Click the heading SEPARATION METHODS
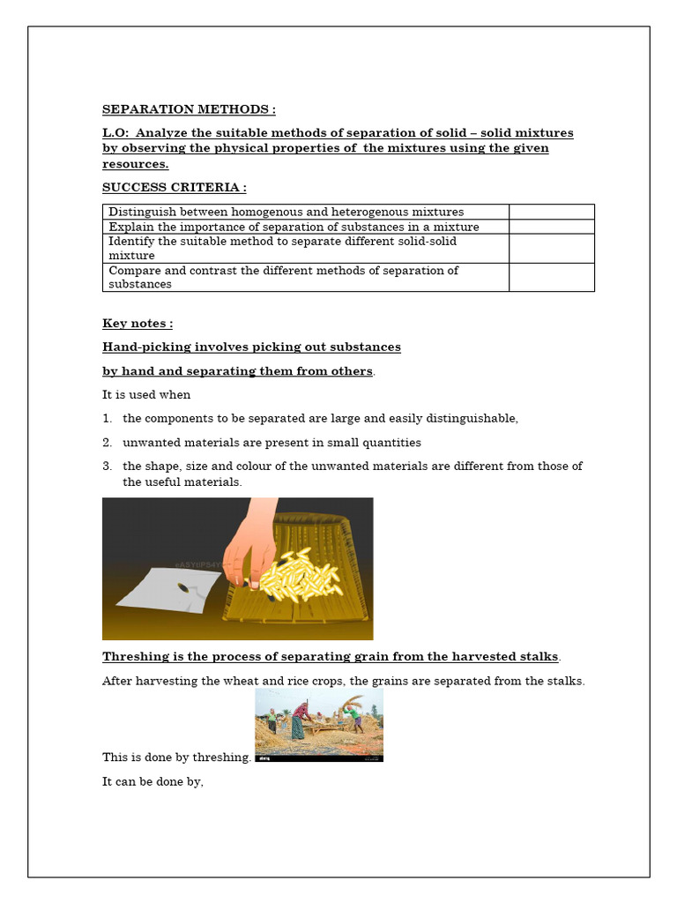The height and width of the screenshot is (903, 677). [x=189, y=109]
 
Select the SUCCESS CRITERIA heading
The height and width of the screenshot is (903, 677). [x=174, y=187]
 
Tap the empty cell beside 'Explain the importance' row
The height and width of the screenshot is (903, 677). [x=551, y=227]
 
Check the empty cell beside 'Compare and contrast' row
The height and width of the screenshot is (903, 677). [x=551, y=277]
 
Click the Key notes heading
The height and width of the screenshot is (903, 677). [x=138, y=324]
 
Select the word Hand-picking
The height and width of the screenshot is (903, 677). [x=144, y=347]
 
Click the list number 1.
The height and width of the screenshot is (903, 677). [x=107, y=419]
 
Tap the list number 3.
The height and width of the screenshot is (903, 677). [x=107, y=466]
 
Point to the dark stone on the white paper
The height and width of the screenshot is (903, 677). [x=182, y=587]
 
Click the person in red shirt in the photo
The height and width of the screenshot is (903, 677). [x=301, y=714]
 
